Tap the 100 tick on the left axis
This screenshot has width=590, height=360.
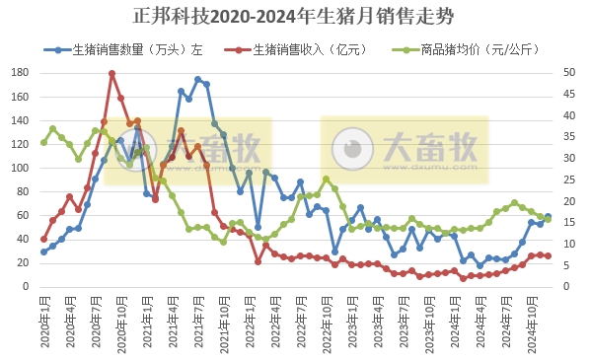click(x=20, y=169)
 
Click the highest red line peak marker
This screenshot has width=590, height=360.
click(x=112, y=74)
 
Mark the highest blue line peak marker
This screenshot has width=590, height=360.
click(x=198, y=79)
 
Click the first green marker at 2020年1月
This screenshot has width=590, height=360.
click(x=43, y=142)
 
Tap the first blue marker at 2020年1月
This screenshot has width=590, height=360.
click(x=43, y=252)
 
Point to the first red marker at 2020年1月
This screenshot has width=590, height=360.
click(x=43, y=239)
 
